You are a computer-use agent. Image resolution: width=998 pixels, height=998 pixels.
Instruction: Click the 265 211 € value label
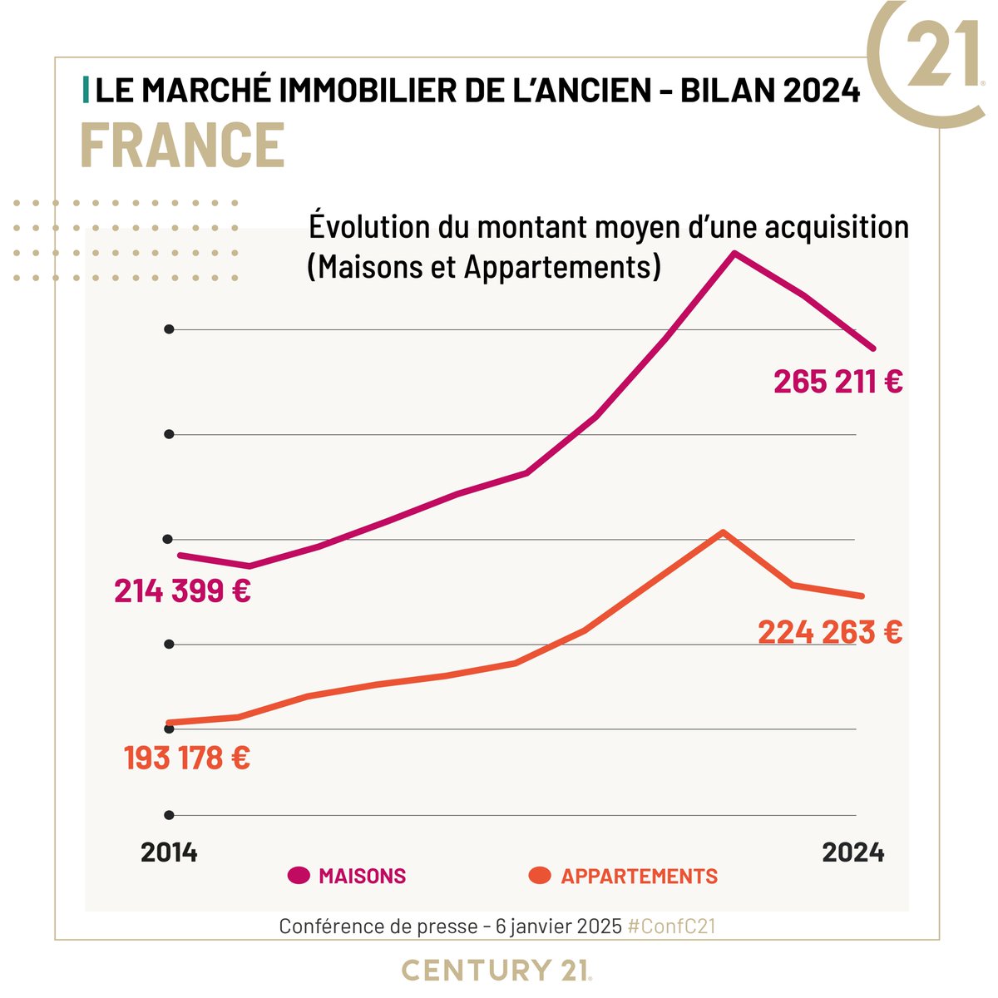838,382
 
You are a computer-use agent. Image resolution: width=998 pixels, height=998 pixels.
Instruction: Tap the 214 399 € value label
182,591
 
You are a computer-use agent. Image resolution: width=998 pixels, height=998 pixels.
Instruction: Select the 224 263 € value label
830,633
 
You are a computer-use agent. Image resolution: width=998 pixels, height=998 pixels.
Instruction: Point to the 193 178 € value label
187,758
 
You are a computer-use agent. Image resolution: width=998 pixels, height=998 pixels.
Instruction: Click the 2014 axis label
169,852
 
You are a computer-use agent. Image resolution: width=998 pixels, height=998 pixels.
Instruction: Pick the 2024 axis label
852,852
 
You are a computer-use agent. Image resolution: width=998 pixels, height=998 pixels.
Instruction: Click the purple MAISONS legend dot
299,876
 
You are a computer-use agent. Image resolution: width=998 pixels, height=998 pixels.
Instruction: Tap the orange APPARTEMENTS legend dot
540,876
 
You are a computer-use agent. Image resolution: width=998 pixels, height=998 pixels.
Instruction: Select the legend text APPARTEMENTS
639,877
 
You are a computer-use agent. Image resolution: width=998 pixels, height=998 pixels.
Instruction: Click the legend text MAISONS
363,877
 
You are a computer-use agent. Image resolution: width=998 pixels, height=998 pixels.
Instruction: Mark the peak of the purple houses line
734,253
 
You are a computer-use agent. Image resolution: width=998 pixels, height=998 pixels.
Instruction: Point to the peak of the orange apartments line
723,531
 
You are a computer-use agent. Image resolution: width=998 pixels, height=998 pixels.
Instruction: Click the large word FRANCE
182,146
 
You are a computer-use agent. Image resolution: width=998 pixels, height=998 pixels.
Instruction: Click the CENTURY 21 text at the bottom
497,970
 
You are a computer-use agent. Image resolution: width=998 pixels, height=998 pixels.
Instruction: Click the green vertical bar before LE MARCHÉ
86,91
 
